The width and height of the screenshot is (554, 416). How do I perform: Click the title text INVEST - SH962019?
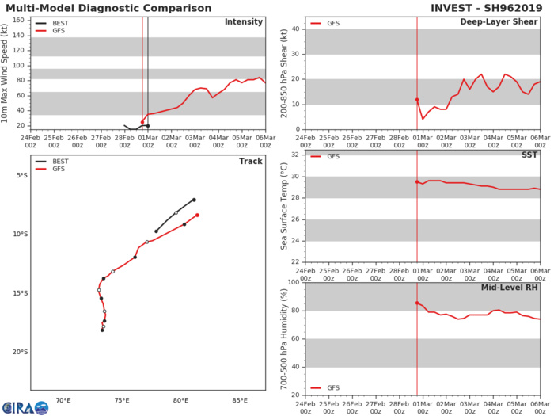[491, 8]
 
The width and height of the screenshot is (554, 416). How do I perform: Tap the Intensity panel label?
[244, 21]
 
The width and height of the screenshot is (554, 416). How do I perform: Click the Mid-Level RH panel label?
[510, 288]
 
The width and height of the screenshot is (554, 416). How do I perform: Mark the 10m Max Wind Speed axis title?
[6, 73]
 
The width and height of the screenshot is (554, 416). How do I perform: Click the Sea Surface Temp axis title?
[284, 206]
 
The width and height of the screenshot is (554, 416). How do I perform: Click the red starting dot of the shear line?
[417, 100]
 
